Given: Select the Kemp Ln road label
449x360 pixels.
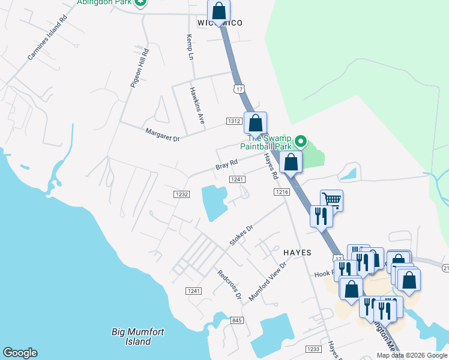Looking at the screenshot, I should [x=191, y=47].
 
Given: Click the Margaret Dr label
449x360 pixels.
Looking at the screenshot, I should [x=162, y=134].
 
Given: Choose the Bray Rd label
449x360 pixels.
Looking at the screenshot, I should [x=227, y=163].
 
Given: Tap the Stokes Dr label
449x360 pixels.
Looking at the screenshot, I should [x=242, y=236].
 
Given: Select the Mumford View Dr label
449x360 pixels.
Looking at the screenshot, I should [x=268, y=280].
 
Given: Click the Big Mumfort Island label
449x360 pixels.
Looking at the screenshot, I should [x=138, y=337].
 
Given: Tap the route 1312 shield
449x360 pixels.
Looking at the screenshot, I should [x=234, y=121].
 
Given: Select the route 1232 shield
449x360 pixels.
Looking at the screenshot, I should [x=182, y=194].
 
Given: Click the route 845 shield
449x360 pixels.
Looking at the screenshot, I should [x=237, y=321].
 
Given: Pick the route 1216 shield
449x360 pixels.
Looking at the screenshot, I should [x=282, y=191].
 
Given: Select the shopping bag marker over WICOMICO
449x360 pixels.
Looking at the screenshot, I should [x=219, y=10].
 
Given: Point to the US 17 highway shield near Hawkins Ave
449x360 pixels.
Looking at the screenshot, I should [x=240, y=89].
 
